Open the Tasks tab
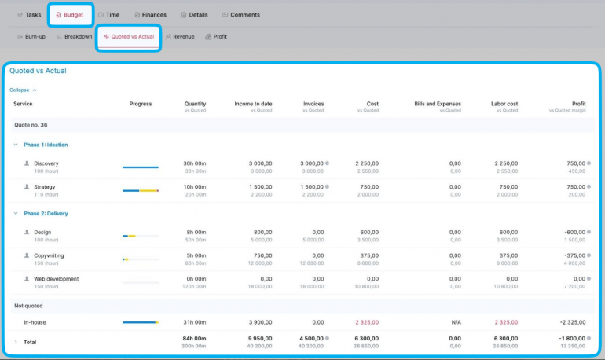[x=29, y=15]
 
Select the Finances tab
[x=150, y=15]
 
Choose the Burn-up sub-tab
[x=31, y=36]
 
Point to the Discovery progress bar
[x=141, y=167]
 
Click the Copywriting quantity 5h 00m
[x=196, y=255]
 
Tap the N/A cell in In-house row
[x=456, y=321]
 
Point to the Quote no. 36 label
[x=31, y=125]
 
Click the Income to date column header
[x=253, y=104]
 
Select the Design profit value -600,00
[x=570, y=232]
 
